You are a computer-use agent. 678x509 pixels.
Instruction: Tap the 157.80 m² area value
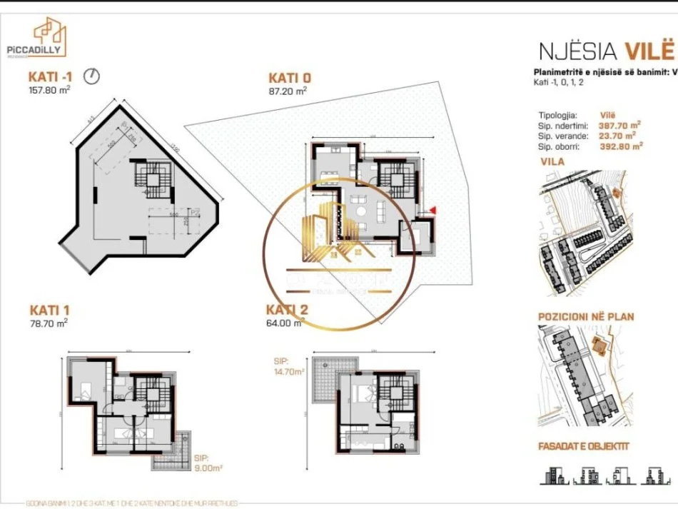coord(49,90)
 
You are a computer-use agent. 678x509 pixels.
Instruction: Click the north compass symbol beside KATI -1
coord(91,75)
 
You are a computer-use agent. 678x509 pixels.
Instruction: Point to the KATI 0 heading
coord(290,77)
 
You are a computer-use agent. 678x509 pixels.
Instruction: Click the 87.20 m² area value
coord(288,91)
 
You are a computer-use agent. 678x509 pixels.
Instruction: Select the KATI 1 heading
coord(49,310)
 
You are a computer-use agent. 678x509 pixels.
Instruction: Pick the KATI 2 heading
coord(287,309)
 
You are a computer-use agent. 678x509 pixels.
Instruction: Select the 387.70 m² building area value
coord(619,125)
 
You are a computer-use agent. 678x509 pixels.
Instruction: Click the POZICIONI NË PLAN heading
coord(585,316)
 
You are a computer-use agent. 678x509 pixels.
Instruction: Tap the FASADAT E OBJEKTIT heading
coord(583,448)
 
